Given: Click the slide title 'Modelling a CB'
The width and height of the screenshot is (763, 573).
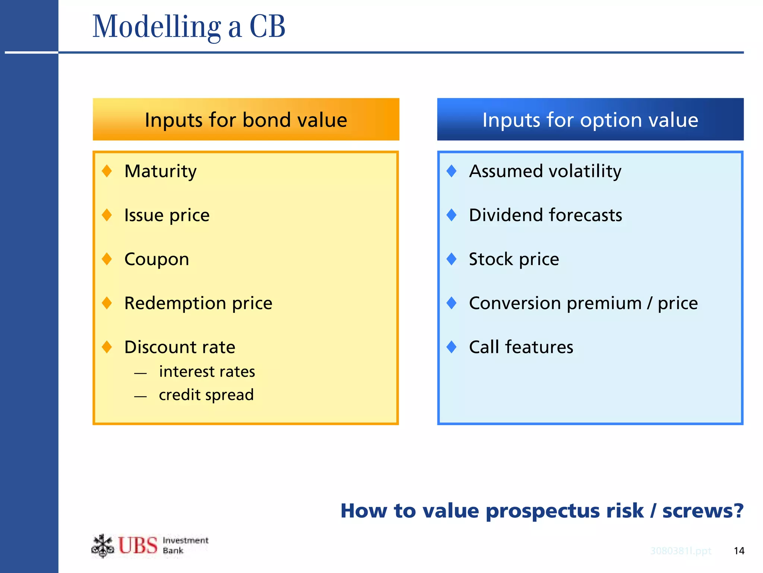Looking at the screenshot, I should pyautogui.click(x=189, y=27).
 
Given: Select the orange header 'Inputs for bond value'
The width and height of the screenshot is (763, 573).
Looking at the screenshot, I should pyautogui.click(x=246, y=120).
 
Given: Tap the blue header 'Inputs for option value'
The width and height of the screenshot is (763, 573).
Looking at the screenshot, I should pyautogui.click(x=590, y=120).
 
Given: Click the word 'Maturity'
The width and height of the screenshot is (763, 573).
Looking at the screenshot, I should pyautogui.click(x=160, y=171).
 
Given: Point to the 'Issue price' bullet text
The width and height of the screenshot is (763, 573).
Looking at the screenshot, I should pyautogui.click(x=167, y=215).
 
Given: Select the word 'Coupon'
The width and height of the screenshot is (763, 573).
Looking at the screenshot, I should pyautogui.click(x=156, y=259).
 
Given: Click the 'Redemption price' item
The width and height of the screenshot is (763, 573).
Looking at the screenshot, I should pyautogui.click(x=198, y=303).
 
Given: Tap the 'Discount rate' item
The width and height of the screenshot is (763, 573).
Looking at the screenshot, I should pyautogui.click(x=180, y=347).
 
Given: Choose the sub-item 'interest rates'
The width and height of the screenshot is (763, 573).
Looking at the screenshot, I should pyautogui.click(x=207, y=372).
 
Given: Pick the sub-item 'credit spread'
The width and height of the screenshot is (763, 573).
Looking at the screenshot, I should pyautogui.click(x=206, y=395).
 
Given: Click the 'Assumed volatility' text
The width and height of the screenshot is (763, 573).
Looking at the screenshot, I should pyautogui.click(x=545, y=171).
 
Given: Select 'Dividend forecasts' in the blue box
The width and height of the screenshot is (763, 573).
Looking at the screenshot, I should pyautogui.click(x=545, y=215).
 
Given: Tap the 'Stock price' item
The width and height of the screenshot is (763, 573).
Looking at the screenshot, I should pyautogui.click(x=514, y=259).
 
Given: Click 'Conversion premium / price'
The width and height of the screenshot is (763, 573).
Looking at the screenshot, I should pyautogui.click(x=583, y=303).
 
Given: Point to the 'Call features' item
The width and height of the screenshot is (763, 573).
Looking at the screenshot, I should pyautogui.click(x=521, y=347).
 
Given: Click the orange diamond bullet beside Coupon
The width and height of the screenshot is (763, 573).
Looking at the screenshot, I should pyautogui.click(x=107, y=259).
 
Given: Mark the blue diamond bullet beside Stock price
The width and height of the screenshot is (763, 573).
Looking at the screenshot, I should pyautogui.click(x=452, y=259).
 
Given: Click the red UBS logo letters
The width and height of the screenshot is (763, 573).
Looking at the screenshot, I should pyautogui.click(x=138, y=545).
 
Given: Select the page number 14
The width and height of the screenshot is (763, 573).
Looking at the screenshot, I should pyautogui.click(x=739, y=551).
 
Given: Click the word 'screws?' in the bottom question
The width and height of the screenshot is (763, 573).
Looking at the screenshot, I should pyautogui.click(x=703, y=510).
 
